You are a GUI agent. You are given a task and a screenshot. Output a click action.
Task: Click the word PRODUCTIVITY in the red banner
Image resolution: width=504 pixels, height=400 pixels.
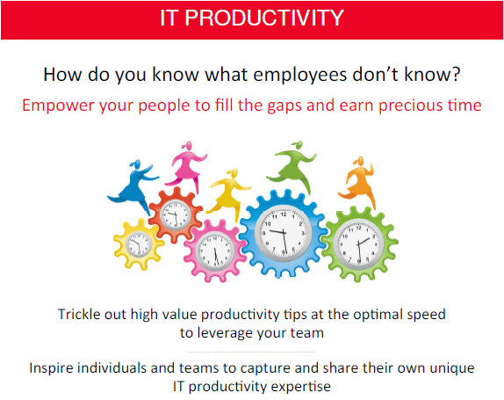pyautogui.click(x=264, y=18)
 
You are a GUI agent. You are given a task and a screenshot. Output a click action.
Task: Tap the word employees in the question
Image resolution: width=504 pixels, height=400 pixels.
pyautogui.click(x=300, y=76)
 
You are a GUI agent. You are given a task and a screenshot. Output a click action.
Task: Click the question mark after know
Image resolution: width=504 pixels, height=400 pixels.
pyautogui.click(x=456, y=74)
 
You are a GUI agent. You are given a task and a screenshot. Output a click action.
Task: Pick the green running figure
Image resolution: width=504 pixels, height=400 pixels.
pyautogui.click(x=292, y=167)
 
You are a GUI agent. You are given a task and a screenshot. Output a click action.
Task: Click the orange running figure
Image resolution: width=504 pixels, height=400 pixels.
pyautogui.click(x=357, y=184)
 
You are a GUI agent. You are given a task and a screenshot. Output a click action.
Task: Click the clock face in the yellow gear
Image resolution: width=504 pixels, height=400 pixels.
pyautogui.click(x=139, y=244)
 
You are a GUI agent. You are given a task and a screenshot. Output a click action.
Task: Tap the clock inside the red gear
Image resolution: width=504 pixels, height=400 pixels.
pyautogui.click(x=176, y=215)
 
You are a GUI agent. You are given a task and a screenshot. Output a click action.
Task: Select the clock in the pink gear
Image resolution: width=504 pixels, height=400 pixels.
pyautogui.click(x=215, y=251)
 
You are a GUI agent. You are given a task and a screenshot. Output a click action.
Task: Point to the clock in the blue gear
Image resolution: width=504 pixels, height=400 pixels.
pyautogui.click(x=283, y=233)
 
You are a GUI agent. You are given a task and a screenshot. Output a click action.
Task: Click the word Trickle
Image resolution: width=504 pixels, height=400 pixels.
pyautogui.click(x=79, y=314)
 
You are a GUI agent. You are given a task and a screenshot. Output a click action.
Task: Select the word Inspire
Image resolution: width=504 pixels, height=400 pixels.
pyautogui.click(x=51, y=368)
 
